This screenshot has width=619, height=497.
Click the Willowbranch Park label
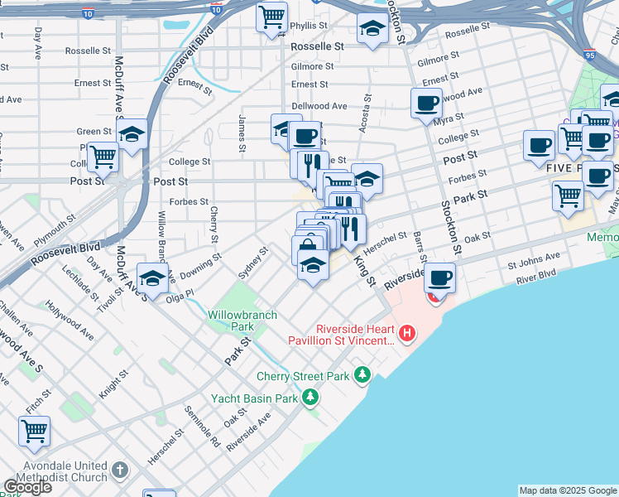231,321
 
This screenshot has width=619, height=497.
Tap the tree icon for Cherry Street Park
362,375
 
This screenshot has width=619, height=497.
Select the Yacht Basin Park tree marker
310,398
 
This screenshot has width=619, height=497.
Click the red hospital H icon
407,334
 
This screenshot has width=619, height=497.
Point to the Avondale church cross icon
120,470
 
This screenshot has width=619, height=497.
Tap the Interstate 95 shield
589,55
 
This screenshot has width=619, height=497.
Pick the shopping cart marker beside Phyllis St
271,17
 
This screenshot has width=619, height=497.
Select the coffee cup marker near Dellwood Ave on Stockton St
427,104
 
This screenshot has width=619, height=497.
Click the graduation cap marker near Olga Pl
152,281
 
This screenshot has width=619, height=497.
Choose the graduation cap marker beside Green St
131,134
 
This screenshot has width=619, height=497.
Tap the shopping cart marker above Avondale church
34,431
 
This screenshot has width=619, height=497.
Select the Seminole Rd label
202,427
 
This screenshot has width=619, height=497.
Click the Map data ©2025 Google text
568,490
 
